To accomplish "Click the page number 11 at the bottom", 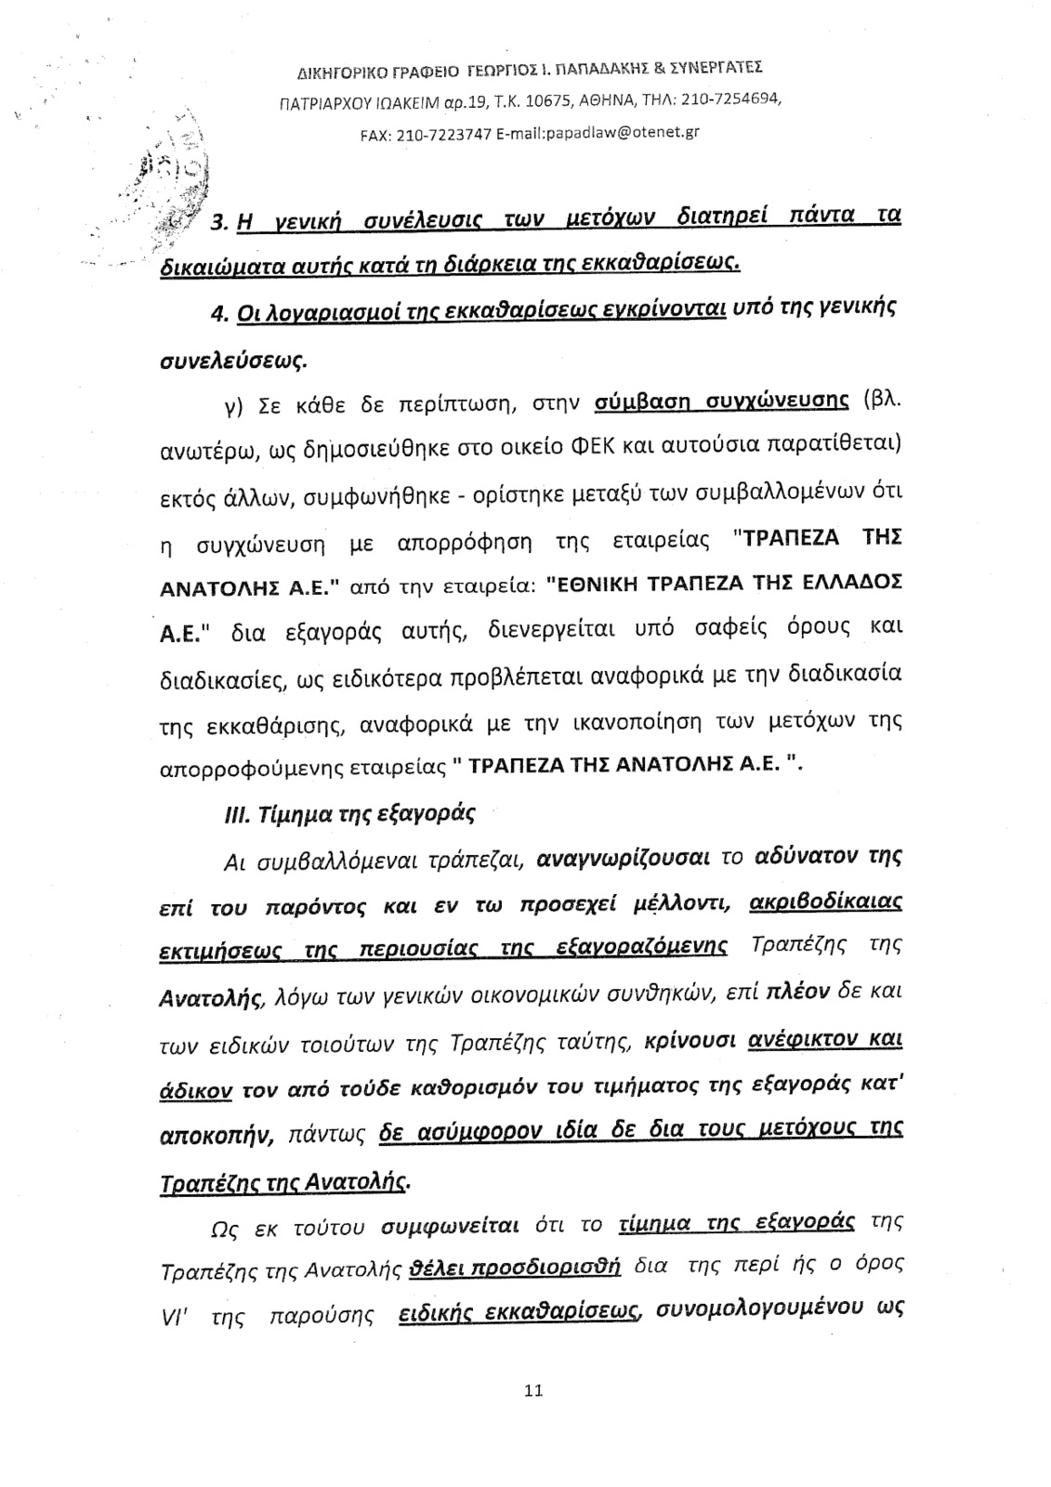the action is tap(532, 1390).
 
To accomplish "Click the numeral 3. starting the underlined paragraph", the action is tap(221, 223).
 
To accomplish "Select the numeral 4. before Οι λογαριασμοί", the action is tap(219, 316).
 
